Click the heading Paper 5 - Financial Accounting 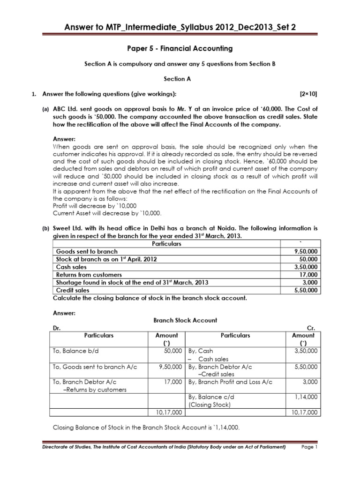point(180,48)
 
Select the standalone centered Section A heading point(180,79)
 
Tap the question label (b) point(46,228)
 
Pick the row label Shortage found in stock point(132,282)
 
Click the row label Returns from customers point(89,275)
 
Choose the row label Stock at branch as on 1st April point(106,259)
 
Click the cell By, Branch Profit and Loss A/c point(230,382)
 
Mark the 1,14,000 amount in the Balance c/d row point(307,397)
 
